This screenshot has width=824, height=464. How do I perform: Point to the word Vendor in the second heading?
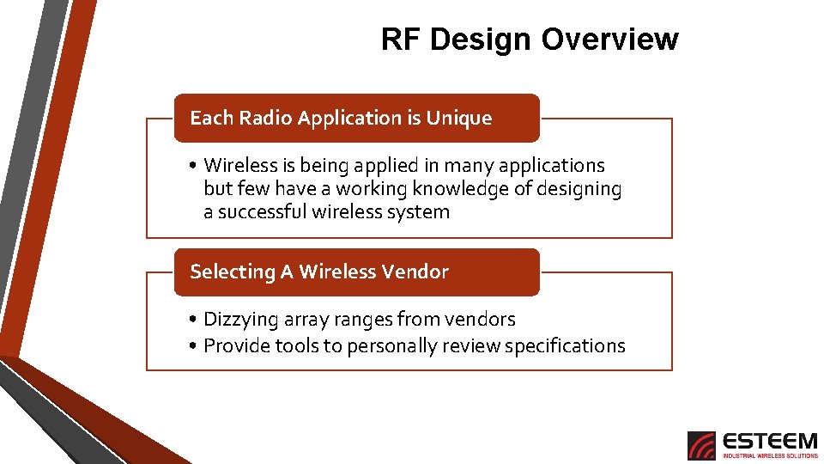[415, 272]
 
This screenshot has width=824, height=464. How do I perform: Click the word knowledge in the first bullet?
[460, 189]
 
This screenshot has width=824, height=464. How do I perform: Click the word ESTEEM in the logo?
[770, 441]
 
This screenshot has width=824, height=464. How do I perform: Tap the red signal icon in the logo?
[701, 446]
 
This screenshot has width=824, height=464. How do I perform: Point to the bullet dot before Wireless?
[196, 166]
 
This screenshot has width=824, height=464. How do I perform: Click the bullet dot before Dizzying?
[196, 321]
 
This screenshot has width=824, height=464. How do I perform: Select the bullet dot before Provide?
[196, 346]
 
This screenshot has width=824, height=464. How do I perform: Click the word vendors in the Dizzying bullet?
[485, 320]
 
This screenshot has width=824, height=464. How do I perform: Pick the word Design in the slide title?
[482, 39]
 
